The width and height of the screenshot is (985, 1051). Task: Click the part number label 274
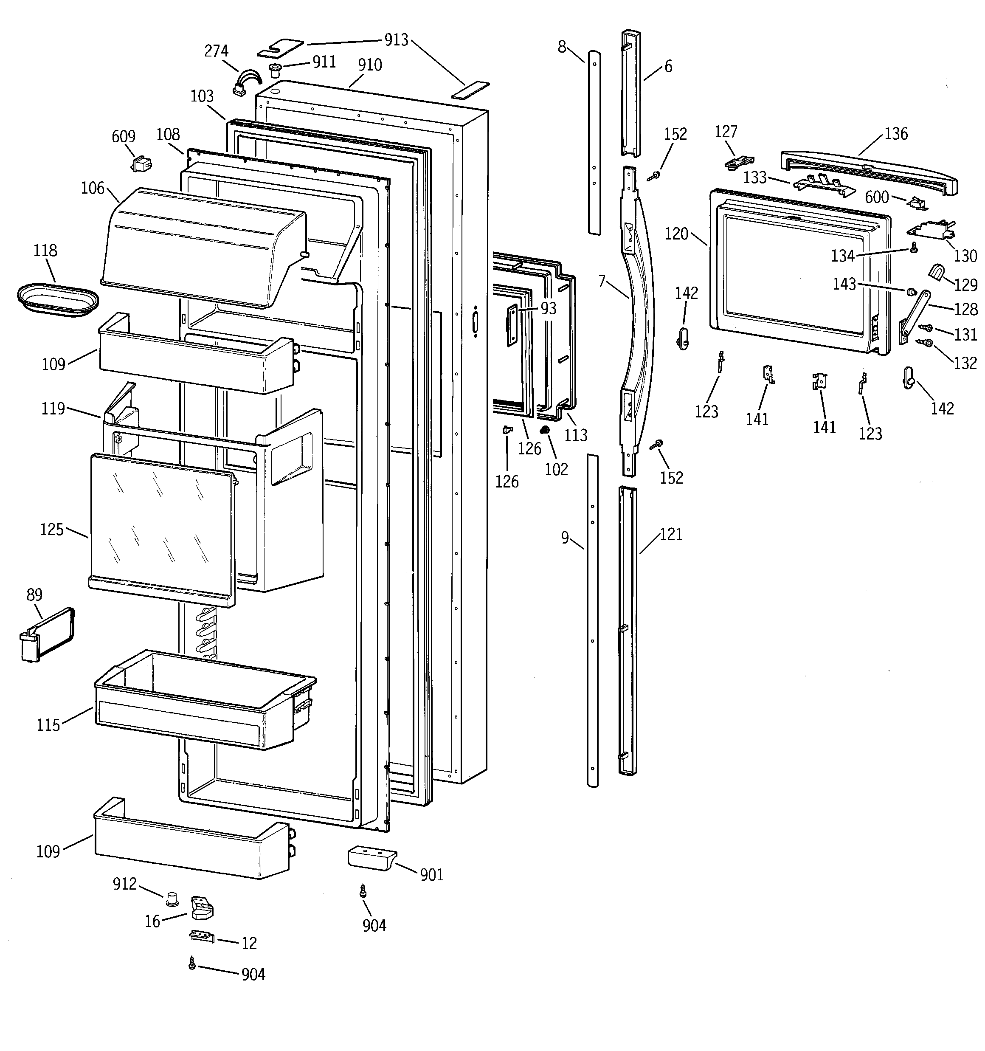point(216,51)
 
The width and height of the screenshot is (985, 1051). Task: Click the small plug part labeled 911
point(275,69)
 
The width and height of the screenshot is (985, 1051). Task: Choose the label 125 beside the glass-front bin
point(52,529)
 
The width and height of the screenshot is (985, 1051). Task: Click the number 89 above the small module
point(34,595)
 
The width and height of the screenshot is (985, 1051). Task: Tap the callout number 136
point(896,134)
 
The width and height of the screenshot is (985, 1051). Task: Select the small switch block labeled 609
point(141,164)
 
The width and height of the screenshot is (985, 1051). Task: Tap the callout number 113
point(575,435)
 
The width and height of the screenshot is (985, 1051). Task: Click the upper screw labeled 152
point(656,175)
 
